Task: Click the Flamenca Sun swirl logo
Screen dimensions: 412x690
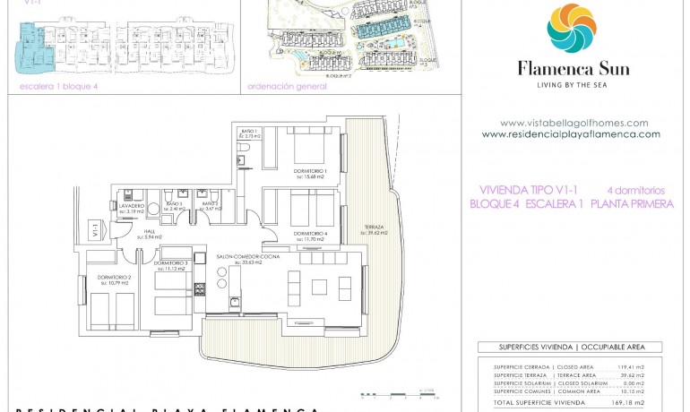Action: click(571, 28)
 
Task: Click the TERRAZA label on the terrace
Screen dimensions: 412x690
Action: click(375, 228)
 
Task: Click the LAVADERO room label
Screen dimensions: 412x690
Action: click(133, 206)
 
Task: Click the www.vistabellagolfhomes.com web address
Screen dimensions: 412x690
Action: click(574, 123)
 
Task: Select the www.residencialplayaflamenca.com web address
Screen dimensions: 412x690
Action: click(571, 134)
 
